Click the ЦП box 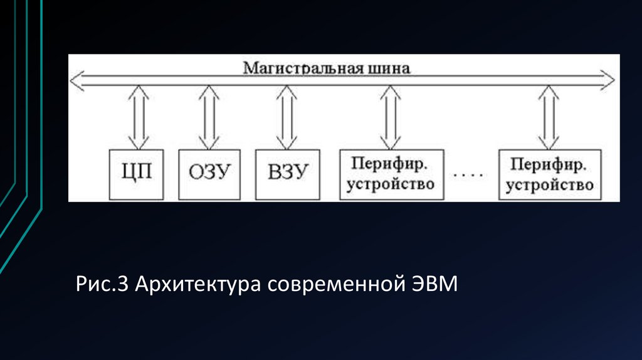(136, 174)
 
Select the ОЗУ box (209, 174)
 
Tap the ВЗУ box (287, 174)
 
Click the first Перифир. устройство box (391, 174)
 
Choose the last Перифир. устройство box (550, 174)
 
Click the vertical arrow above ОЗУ (209, 117)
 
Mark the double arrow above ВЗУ (287, 117)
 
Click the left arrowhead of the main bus (76, 80)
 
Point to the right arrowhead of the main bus (609, 80)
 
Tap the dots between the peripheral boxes (469, 176)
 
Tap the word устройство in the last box (550, 185)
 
